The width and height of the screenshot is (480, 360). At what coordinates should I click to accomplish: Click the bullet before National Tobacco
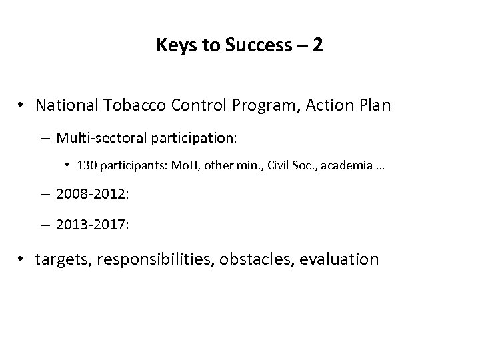(x=23, y=105)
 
